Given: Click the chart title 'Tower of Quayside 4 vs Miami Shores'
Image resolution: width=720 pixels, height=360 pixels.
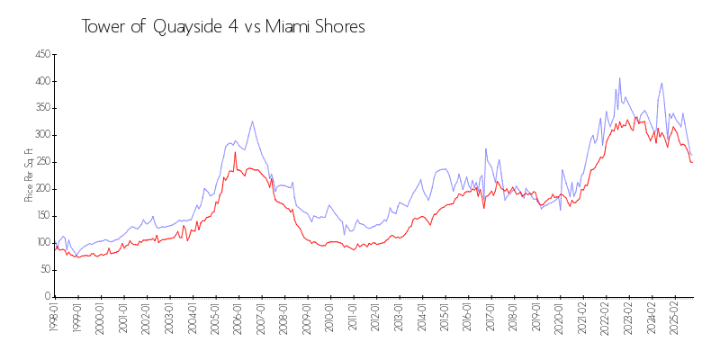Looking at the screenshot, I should [x=223, y=27].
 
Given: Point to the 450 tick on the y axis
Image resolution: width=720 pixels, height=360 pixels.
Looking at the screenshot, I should [x=41, y=55].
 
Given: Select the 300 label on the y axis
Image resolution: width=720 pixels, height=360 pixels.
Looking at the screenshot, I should [x=41, y=135].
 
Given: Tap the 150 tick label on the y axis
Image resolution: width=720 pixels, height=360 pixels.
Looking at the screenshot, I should [x=41, y=216].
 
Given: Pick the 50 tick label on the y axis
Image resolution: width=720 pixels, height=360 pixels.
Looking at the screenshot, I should [x=43, y=270].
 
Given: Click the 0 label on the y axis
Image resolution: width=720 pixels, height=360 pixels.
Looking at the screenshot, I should [x=46, y=296].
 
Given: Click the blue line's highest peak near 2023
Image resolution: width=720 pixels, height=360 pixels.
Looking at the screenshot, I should [x=619, y=78].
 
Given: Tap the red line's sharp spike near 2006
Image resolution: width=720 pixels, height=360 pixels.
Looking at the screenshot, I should [x=236, y=152].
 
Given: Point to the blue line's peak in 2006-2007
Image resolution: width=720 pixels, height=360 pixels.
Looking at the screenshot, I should [x=252, y=121].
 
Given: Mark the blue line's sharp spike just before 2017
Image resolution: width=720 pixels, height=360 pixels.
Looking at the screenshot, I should [x=486, y=149].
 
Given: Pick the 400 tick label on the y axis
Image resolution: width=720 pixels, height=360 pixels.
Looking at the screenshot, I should [x=41, y=81].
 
